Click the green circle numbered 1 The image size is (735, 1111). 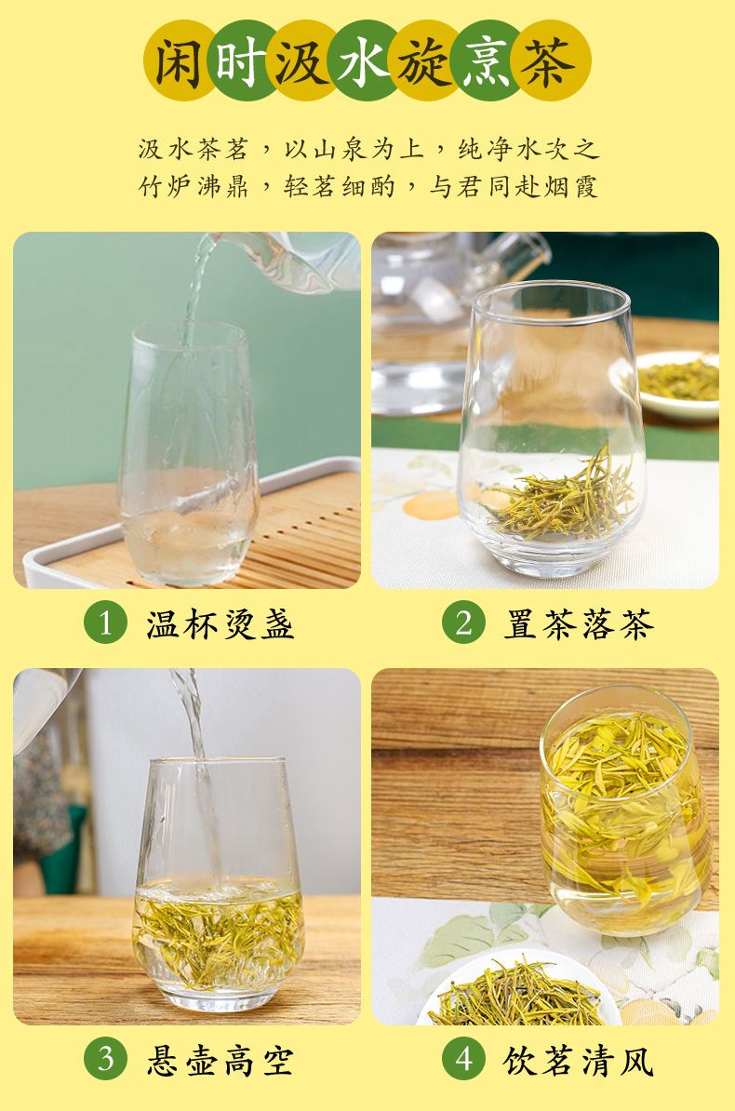[x=106, y=622]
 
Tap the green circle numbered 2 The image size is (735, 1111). [x=463, y=622]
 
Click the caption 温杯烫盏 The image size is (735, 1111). [x=220, y=624]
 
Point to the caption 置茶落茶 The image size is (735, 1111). [x=579, y=624]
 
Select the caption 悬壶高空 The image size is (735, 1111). [x=220, y=1061]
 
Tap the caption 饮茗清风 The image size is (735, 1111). [x=579, y=1061]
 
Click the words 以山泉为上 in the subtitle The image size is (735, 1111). [x=354, y=149]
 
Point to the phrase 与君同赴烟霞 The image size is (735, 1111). [x=514, y=186]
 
